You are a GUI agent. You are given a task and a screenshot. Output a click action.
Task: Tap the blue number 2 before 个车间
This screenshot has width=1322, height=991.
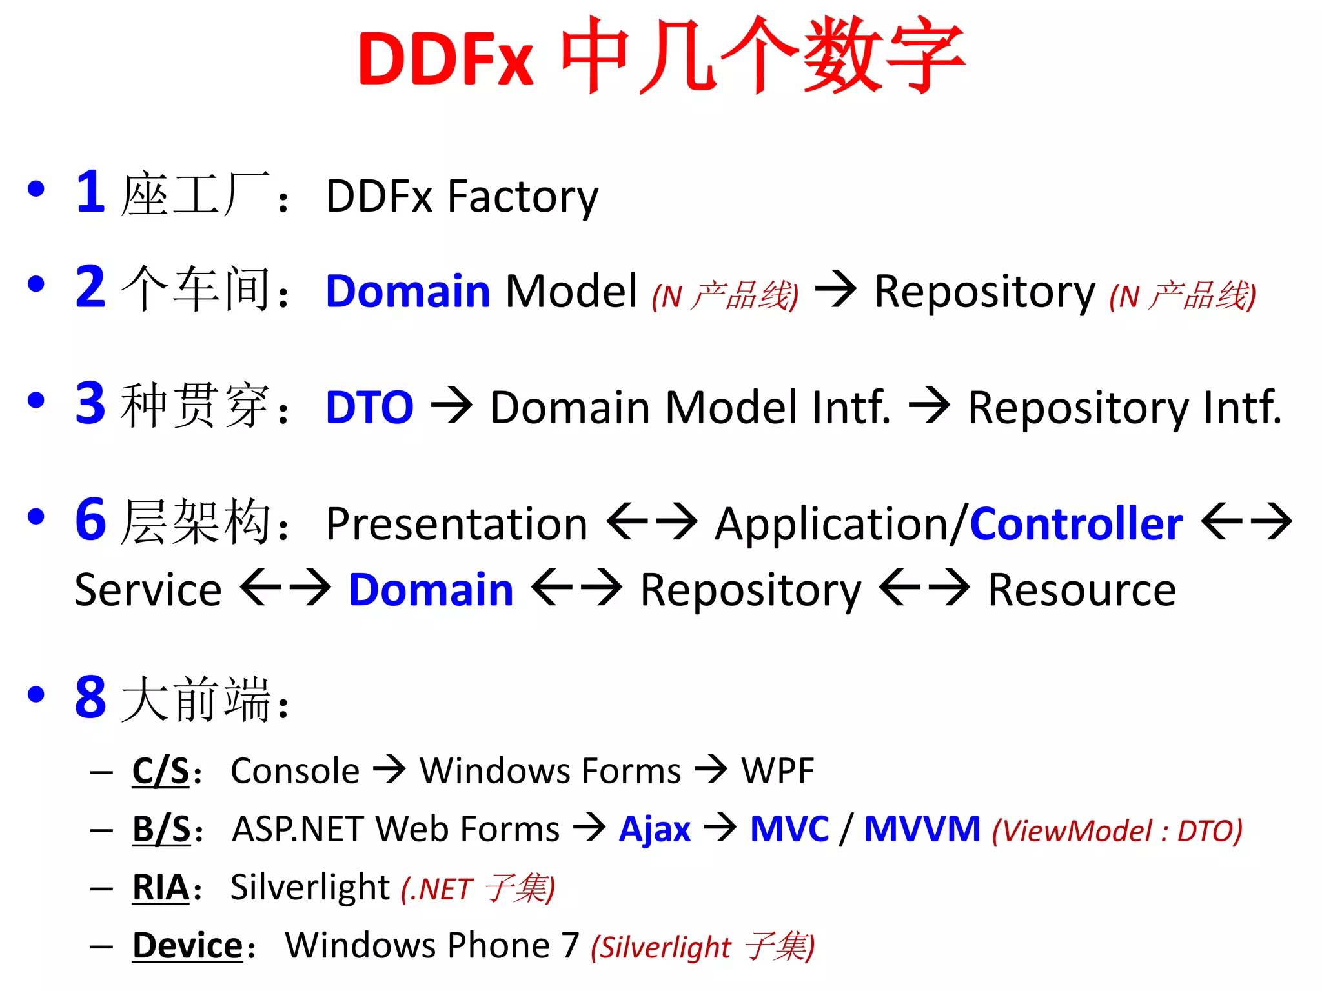click(90, 287)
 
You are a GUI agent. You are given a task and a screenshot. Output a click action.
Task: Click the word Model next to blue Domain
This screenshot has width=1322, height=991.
click(571, 292)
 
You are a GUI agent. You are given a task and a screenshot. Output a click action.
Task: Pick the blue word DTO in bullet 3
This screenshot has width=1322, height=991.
click(369, 408)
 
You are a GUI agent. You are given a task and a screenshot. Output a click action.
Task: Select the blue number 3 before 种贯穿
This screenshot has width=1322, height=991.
click(90, 403)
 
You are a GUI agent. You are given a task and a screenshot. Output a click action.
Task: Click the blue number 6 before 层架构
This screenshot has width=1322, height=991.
click(90, 519)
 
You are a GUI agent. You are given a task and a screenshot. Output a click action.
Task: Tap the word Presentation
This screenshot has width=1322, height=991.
click(456, 524)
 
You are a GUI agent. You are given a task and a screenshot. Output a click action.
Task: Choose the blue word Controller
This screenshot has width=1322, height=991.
click(1076, 524)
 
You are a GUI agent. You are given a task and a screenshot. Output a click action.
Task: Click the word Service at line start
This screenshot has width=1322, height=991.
click(148, 590)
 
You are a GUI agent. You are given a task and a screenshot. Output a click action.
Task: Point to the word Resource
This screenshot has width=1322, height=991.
click(1082, 590)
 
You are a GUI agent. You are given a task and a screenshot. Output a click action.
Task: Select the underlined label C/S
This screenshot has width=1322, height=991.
click(161, 770)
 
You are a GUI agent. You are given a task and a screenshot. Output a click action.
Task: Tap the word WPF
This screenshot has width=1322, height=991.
click(777, 770)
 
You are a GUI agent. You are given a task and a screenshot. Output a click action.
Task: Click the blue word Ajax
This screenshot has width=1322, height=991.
click(655, 829)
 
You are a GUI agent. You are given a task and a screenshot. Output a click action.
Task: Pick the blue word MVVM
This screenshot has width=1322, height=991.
click(922, 829)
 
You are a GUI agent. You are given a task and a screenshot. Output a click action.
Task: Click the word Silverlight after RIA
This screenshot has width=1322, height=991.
click(310, 888)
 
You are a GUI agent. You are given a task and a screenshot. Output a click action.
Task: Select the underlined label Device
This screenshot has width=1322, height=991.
click(187, 946)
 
